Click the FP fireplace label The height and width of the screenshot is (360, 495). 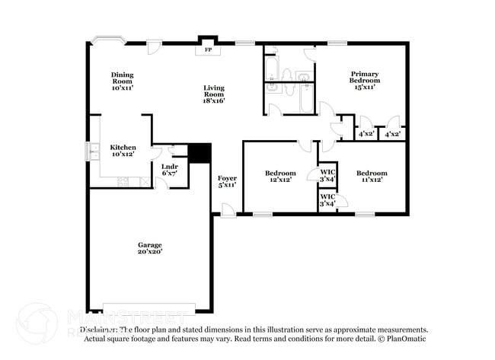[x=207, y=51]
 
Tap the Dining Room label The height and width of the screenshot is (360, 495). [x=123, y=81]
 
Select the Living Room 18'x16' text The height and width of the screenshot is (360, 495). [x=213, y=94]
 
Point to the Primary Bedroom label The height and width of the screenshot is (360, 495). [x=364, y=80]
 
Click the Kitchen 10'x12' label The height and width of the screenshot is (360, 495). [x=123, y=151]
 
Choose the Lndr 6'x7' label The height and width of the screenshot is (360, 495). [x=169, y=170]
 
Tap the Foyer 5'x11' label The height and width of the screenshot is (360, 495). [x=227, y=181]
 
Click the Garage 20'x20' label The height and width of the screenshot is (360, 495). [x=150, y=248]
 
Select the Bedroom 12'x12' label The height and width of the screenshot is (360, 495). [x=279, y=176]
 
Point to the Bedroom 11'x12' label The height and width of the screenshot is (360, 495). [x=372, y=176]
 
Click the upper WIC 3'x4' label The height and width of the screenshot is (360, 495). [x=327, y=175]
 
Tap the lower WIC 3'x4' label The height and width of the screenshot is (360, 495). [x=327, y=200]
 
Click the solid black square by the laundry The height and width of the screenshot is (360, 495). [x=200, y=152]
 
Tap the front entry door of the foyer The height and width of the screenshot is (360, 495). [x=228, y=210]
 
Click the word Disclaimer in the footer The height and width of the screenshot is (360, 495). [x=99, y=330]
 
